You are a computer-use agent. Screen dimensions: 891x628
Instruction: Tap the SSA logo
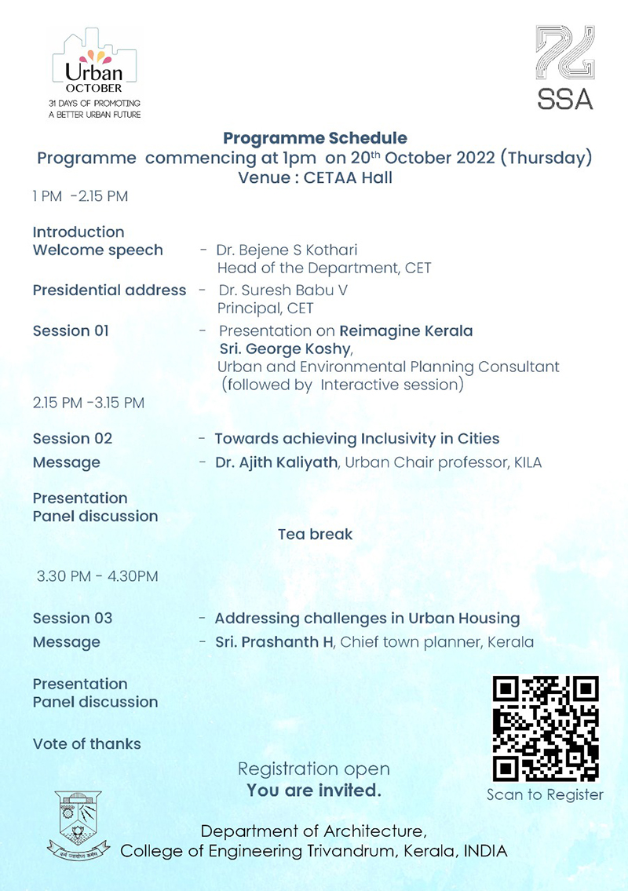click(564, 68)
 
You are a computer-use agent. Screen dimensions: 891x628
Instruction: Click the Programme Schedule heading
click(315, 138)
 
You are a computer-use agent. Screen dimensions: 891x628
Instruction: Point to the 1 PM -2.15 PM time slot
click(80, 196)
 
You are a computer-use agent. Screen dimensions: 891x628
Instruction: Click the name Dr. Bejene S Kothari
click(288, 250)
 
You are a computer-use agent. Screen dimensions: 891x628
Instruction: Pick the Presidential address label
click(109, 290)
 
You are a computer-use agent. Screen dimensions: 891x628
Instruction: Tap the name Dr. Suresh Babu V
click(283, 290)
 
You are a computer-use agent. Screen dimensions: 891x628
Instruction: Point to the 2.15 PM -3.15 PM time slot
click(89, 403)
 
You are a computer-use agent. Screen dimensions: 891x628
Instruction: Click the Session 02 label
click(72, 439)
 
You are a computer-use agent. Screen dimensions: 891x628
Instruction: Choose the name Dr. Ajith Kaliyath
click(276, 462)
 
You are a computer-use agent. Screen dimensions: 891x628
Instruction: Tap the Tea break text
click(315, 535)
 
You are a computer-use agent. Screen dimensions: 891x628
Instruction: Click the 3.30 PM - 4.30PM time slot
click(97, 576)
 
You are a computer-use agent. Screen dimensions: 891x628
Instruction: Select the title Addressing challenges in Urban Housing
click(367, 619)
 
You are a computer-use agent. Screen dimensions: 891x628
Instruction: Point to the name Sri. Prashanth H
click(275, 642)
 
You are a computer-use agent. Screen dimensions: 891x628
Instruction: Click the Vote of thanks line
click(86, 744)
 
